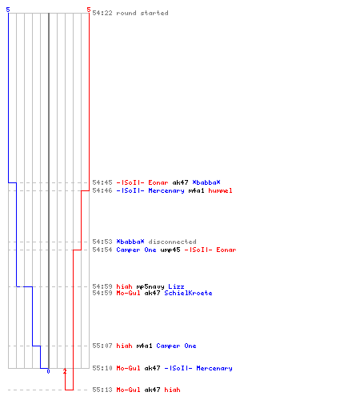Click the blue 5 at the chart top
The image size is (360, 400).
point(8,10)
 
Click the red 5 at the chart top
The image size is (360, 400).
point(89,10)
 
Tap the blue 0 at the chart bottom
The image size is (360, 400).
point(48,371)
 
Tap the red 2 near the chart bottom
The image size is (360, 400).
point(65,371)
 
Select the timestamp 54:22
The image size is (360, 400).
point(102,13)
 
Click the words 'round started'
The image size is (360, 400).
point(142,13)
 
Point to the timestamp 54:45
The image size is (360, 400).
point(102,182)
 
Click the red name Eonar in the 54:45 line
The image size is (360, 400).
point(158,182)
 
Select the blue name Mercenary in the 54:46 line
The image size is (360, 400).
point(166,190)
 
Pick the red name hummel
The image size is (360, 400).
point(220,190)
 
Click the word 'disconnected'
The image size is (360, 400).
point(172,242)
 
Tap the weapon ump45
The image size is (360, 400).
point(170,250)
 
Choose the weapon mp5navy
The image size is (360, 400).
point(150,286)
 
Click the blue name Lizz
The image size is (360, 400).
point(176,286)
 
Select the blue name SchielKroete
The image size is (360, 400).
point(188,293)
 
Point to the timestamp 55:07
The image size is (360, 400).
point(102,346)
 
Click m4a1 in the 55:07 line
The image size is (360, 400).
point(144,346)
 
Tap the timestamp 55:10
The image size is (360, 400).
point(102,368)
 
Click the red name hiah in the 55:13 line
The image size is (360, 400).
point(172,390)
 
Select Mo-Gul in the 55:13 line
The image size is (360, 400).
point(128,390)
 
